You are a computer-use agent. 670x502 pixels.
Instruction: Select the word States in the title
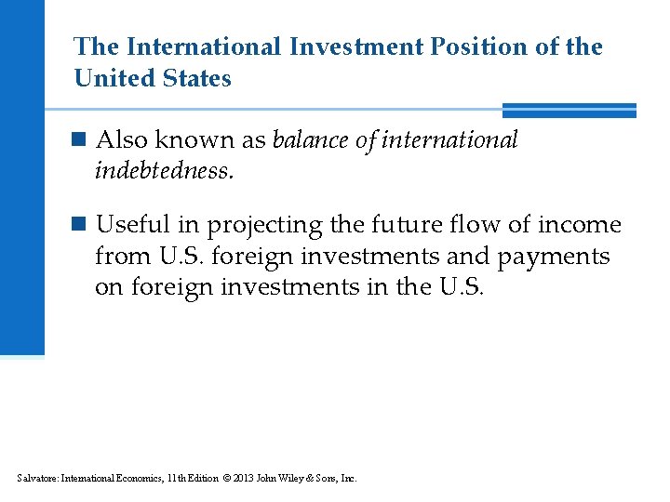coord(196,78)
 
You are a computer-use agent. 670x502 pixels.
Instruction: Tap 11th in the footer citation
coord(174,479)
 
